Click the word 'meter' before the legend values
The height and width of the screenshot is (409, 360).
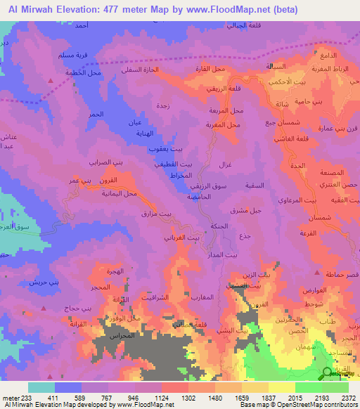[x=10, y=397]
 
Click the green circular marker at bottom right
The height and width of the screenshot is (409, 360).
[x=328, y=373]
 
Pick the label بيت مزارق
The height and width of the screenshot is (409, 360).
[x=154, y=212]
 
